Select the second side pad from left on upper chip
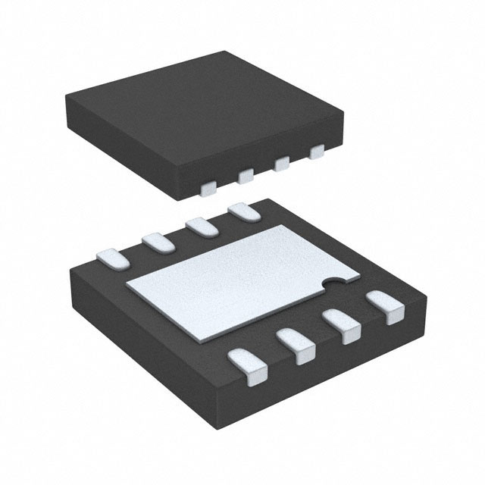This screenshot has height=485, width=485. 246,177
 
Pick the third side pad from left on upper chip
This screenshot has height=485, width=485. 283,164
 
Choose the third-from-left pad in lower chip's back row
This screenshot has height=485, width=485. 200,226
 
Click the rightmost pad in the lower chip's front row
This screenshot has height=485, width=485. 385,308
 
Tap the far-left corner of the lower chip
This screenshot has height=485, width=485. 67,265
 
